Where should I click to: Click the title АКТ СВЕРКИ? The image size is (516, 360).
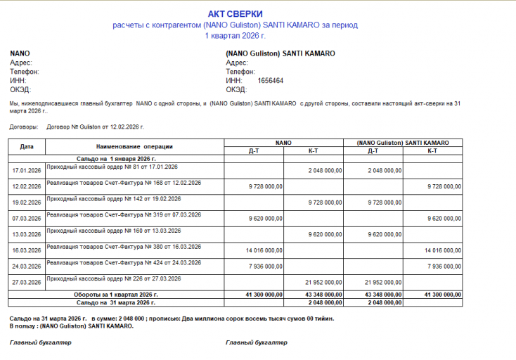pyautogui.click(x=236, y=14)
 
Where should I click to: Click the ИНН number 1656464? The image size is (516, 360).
pyautogui.click(x=271, y=81)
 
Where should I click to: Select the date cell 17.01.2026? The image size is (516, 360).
pyautogui.click(x=27, y=171)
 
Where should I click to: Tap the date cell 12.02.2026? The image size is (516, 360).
pyautogui.click(x=27, y=186)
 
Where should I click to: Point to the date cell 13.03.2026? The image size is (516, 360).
pyautogui.click(x=27, y=234)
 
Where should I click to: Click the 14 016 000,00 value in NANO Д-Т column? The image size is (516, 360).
pyautogui.click(x=264, y=250)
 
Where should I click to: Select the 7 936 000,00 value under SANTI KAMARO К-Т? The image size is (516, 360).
pyautogui.click(x=442, y=266)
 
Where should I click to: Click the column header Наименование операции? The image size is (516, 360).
pyautogui.click(x=134, y=146)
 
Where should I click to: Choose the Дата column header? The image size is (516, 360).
pyautogui.click(x=27, y=146)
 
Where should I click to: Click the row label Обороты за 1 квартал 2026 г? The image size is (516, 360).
pyautogui.click(x=116, y=294)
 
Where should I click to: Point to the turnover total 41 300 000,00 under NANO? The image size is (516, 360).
pyautogui.click(x=264, y=294)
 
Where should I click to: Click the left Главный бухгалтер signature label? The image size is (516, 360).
pyautogui.click(x=40, y=342)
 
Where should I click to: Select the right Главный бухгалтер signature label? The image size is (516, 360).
pyautogui.click(x=257, y=342)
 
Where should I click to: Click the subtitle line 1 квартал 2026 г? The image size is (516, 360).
pyautogui.click(x=236, y=35)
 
